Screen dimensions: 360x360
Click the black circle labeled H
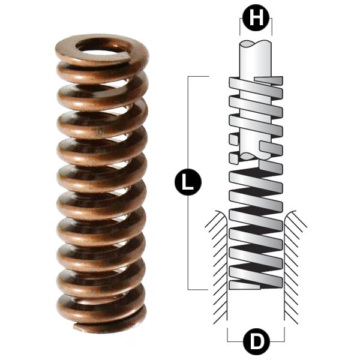pyautogui.click(x=256, y=19)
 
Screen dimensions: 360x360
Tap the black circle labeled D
pyautogui.click(x=256, y=343)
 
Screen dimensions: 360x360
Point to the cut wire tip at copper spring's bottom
pyautogui.click(x=78, y=327)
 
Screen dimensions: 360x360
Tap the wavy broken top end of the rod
pyautogui.click(x=256, y=43)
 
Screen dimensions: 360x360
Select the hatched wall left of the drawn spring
pyautogui.click(x=216, y=264)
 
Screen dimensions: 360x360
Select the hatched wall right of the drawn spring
pyautogui.click(x=295, y=264)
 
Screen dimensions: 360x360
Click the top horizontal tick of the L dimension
pyautogui.click(x=198, y=76)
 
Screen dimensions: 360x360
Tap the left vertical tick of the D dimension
pyautogui.click(x=227, y=335)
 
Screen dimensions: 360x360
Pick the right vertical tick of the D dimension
pyautogui.click(x=284, y=335)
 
